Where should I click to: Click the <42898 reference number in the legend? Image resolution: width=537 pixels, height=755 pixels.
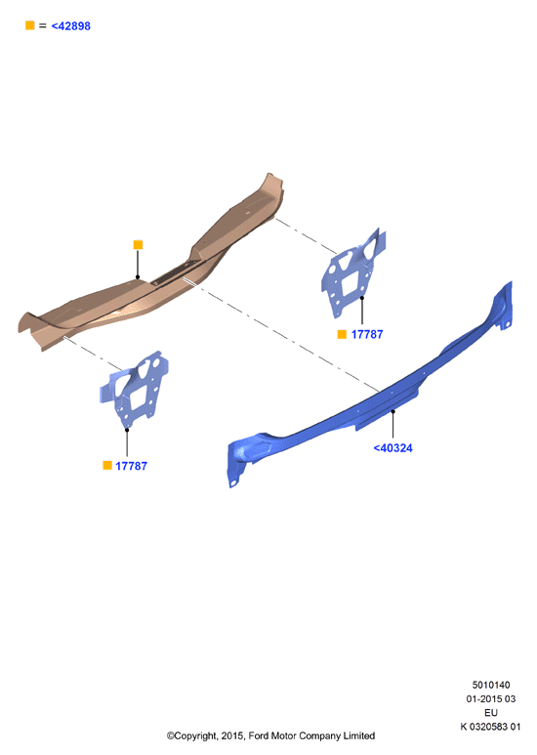pos(70,26)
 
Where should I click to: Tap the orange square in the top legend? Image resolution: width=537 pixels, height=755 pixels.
pos(30,25)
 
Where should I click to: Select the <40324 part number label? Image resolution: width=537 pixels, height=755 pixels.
pos(393,448)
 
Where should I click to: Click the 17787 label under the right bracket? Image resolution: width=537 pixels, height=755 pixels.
pos(367,334)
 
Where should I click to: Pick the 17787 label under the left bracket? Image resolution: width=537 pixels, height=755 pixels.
pos(132,466)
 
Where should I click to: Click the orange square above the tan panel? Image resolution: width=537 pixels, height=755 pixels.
pos(138,245)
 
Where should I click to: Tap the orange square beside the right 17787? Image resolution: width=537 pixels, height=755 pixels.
pos(342,334)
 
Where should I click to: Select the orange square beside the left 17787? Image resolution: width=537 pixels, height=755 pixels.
pos(107,465)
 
